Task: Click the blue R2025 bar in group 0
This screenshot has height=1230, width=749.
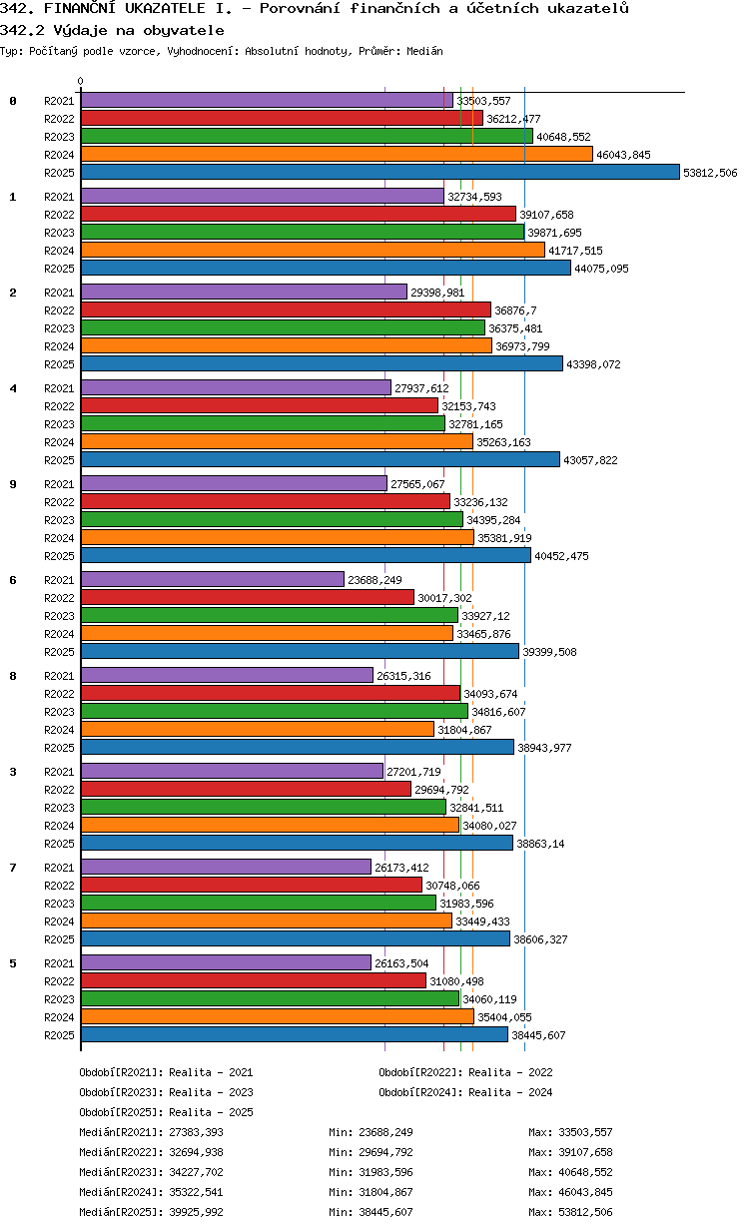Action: pos(379,173)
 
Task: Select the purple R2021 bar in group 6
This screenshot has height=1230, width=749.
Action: pos(213,579)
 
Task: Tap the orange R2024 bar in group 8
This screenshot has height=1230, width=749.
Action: pos(258,729)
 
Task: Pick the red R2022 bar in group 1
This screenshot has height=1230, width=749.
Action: pos(299,214)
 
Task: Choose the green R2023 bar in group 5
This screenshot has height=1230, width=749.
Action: pos(271,998)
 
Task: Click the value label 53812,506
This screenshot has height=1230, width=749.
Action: pos(710,173)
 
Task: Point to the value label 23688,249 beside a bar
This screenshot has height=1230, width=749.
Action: pos(374,580)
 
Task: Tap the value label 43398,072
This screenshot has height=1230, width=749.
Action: pos(593,364)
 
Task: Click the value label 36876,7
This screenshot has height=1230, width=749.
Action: pos(515,310)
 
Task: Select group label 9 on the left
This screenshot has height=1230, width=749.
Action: pos(13,484)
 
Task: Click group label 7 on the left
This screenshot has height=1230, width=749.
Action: pos(13,868)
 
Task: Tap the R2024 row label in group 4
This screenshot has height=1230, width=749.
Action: pos(59,442)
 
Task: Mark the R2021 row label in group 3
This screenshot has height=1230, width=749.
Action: pos(59,772)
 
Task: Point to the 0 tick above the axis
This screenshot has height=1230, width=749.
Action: pos(81,81)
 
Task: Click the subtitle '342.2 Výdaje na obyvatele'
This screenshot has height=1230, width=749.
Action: pos(112,30)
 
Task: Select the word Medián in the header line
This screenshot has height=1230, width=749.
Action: pos(424,51)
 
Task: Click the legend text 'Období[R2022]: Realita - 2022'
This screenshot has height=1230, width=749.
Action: pos(465,1072)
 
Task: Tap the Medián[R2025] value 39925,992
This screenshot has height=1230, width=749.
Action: pos(196,1212)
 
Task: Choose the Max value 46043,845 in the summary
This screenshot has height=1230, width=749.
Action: pos(585,1192)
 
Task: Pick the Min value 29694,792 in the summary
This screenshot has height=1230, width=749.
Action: pos(385,1152)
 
